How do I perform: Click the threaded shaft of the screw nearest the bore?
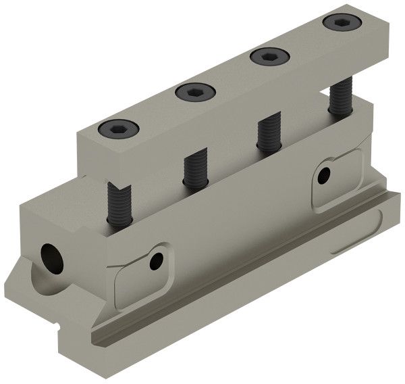[116, 203]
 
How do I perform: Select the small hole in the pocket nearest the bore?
[157, 260]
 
